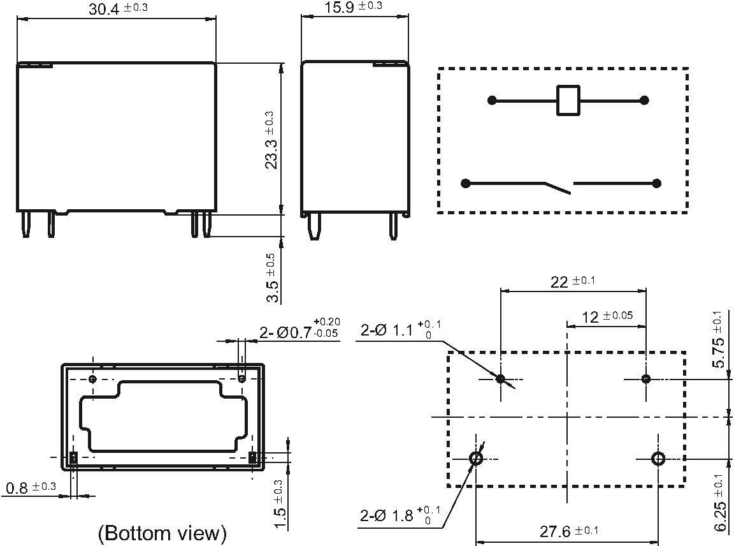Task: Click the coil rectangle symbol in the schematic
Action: tap(568, 100)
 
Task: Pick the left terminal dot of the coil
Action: tap(492, 100)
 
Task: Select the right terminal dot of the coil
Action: tap(644, 100)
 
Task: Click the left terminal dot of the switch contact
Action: tap(466, 184)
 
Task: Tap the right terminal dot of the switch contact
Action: tap(656, 184)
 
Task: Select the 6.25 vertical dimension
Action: tap(718, 501)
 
